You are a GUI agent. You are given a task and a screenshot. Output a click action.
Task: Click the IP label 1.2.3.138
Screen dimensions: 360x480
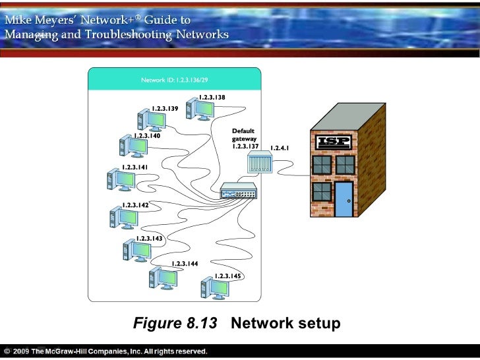click(212, 98)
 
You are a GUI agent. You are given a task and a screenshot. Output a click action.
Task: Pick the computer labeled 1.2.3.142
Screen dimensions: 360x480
click(119, 217)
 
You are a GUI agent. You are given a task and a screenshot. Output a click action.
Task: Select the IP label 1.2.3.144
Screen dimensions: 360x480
click(185, 264)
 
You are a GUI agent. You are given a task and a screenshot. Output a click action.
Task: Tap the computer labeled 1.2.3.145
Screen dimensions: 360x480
click(213, 287)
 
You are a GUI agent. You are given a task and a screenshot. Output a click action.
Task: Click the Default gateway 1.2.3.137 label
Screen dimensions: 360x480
click(245, 138)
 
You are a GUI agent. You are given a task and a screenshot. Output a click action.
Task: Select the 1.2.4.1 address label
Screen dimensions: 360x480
click(280, 148)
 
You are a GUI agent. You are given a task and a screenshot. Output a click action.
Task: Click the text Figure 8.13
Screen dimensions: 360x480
click(174, 324)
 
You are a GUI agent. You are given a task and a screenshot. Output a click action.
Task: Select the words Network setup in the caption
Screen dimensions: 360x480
click(285, 324)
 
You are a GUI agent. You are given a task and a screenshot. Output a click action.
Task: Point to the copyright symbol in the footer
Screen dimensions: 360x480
click(7, 350)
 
